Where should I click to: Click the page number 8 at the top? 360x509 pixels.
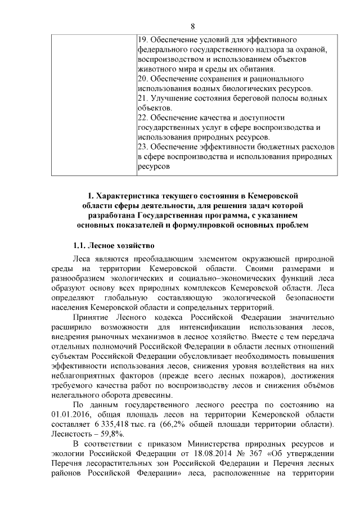pos(192,26)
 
